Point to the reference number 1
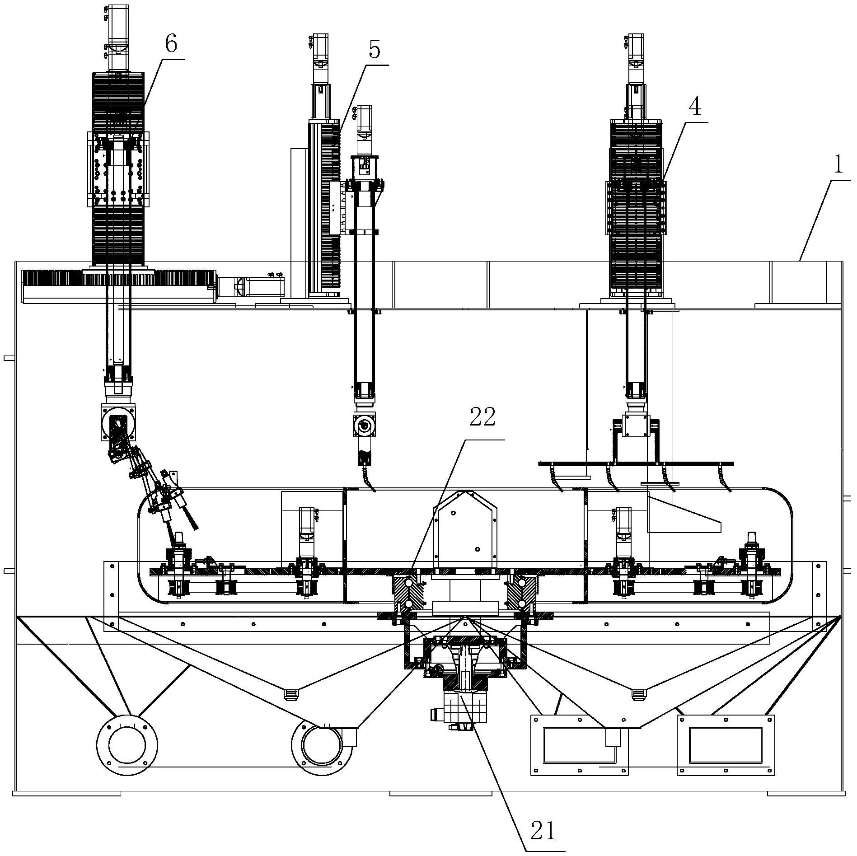838,165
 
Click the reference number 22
482,418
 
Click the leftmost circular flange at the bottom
127,745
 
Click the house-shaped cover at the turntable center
465,529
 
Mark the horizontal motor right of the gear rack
251,286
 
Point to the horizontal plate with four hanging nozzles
636,464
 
